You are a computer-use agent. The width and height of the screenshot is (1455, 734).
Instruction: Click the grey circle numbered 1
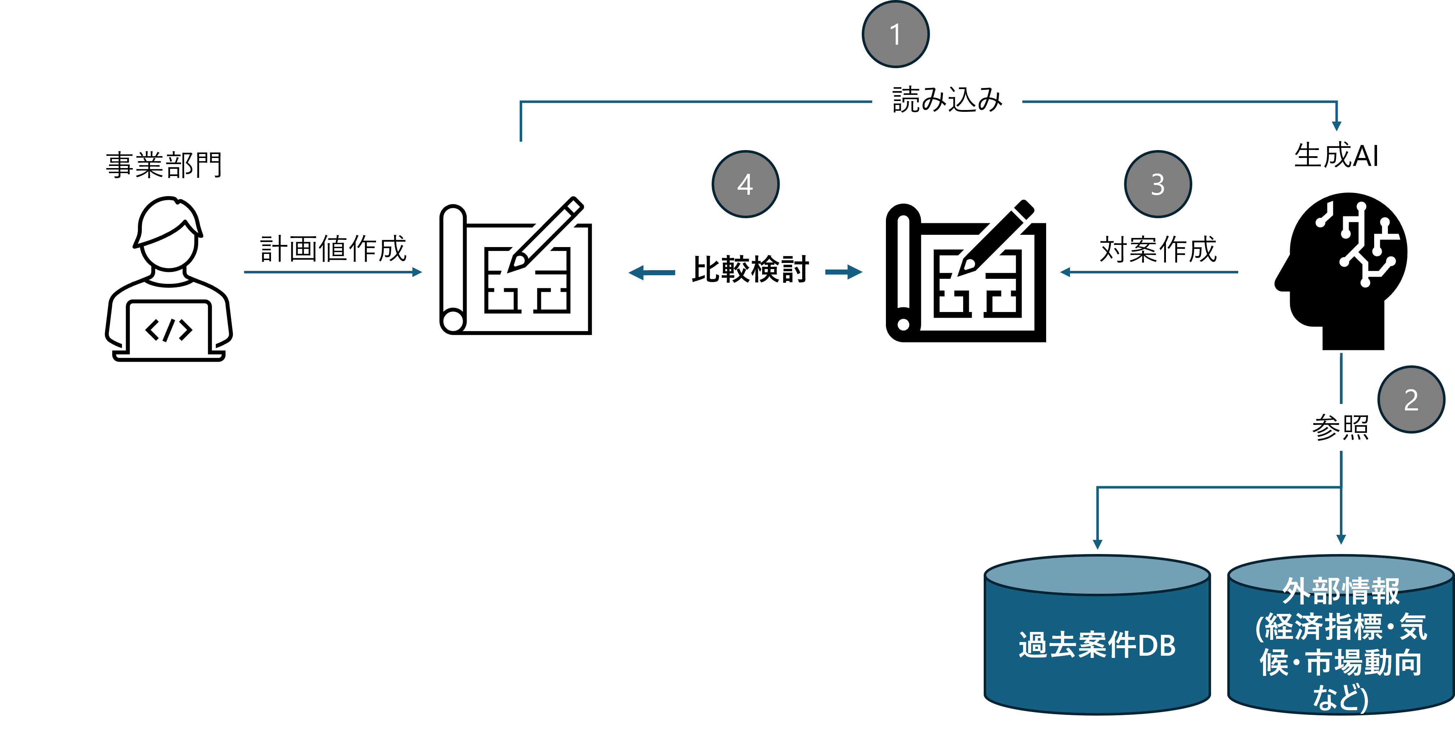pos(895,34)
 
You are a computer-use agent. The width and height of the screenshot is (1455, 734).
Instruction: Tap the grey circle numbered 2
pos(1411,400)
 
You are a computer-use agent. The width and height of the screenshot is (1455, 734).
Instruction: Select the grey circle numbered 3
pos(1157,184)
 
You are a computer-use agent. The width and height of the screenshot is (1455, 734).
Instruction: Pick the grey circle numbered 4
pos(745,184)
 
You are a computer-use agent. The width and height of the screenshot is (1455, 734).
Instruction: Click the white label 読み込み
pos(947,100)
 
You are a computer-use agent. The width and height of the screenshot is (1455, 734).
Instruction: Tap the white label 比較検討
pos(750,269)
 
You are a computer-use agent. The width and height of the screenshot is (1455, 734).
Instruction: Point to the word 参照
pos(1340,427)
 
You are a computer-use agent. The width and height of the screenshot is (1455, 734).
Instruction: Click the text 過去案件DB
pos(1097,645)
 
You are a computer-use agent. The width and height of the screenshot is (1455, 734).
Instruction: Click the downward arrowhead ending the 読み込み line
pos(1336,126)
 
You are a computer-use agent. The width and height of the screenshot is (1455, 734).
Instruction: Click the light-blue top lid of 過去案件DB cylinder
pos(1097,575)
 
